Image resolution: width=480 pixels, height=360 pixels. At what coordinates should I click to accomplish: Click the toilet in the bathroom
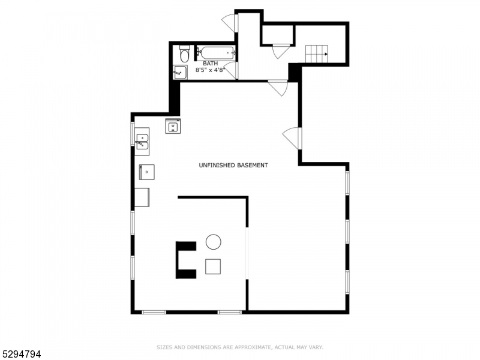pyautogui.click(x=185, y=55)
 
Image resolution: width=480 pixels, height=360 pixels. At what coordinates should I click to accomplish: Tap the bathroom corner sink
pyautogui.click(x=180, y=73)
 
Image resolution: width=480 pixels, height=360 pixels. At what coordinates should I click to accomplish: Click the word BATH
pyautogui.click(x=210, y=63)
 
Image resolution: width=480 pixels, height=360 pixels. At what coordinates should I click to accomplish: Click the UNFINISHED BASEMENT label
pyautogui.click(x=233, y=165)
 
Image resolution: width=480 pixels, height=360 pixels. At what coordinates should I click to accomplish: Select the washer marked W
pyautogui.click(x=173, y=127)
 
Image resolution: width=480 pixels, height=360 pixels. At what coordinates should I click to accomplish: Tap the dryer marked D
pyautogui.click(x=147, y=172)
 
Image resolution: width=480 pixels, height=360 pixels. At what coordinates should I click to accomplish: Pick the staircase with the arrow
pyautogui.click(x=318, y=54)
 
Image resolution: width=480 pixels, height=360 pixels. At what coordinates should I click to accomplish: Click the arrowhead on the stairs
pyautogui.click(x=326, y=54)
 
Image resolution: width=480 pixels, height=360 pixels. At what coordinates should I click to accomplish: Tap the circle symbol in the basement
pyautogui.click(x=213, y=242)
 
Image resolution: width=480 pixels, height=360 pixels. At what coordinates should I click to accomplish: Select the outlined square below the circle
pyautogui.click(x=213, y=266)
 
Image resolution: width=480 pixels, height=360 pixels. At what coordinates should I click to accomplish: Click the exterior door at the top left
pyautogui.click(x=230, y=23)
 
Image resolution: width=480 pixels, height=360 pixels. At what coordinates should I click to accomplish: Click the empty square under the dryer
pyautogui.click(x=142, y=197)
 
